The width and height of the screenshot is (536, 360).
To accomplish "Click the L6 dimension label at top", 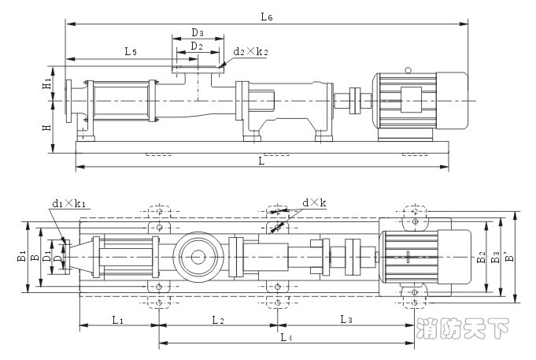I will [267, 16].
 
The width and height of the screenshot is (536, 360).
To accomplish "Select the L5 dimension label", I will [131, 51].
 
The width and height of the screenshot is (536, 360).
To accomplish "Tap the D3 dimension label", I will [198, 33].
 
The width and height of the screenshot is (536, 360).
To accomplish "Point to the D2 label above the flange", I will [197, 46].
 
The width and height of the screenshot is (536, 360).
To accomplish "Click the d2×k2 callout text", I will [251, 52].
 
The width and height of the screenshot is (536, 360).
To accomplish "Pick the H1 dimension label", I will [48, 82].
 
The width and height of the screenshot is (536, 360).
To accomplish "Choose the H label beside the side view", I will [47, 127].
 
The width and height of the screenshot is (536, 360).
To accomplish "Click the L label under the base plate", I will [261, 160].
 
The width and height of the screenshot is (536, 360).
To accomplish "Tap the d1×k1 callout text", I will [68, 203].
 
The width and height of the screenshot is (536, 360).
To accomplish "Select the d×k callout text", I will [314, 202].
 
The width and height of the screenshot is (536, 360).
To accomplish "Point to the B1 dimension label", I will [22, 256].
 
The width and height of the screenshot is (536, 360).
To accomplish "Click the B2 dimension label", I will [481, 257].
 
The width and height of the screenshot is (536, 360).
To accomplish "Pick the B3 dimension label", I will [495, 257].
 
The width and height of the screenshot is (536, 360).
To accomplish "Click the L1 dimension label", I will [117, 319].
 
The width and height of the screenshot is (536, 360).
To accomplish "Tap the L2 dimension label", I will [218, 319].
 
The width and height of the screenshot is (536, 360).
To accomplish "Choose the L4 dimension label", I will [286, 337].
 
